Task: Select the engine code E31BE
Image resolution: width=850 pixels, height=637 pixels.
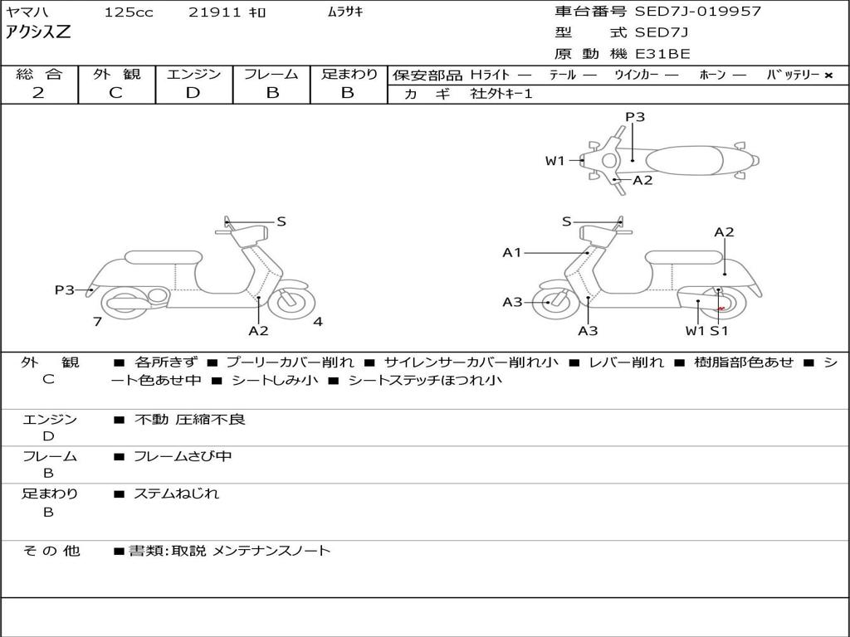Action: pyautogui.click(x=662, y=54)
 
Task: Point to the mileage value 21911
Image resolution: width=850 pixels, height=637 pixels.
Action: pyautogui.click(x=215, y=12)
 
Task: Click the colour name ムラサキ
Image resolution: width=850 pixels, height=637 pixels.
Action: pyautogui.click(x=345, y=12)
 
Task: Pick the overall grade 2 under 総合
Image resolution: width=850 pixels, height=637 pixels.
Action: pyautogui.click(x=38, y=93)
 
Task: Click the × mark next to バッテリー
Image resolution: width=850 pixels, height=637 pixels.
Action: pyautogui.click(x=828, y=75)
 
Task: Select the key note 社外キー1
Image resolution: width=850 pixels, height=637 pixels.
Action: pyautogui.click(x=501, y=94)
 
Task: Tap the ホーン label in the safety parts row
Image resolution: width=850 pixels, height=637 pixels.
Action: pyautogui.click(x=711, y=75)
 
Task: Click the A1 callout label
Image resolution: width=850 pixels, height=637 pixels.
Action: pyautogui.click(x=512, y=252)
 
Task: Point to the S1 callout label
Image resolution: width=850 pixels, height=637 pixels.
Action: pyautogui.click(x=719, y=331)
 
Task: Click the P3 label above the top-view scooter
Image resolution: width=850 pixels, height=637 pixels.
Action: pyautogui.click(x=635, y=117)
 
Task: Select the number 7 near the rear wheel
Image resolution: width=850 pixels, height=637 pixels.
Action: pyautogui.click(x=97, y=322)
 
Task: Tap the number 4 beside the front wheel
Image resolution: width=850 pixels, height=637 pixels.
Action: pyautogui.click(x=318, y=322)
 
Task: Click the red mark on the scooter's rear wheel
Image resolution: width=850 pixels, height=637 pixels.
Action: pyautogui.click(x=721, y=309)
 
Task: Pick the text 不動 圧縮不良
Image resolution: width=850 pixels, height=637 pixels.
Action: pyautogui.click(x=190, y=420)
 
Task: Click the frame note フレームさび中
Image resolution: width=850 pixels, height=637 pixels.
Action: pyautogui.click(x=183, y=456)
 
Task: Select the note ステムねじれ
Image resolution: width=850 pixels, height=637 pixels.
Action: pyautogui.click(x=177, y=494)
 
